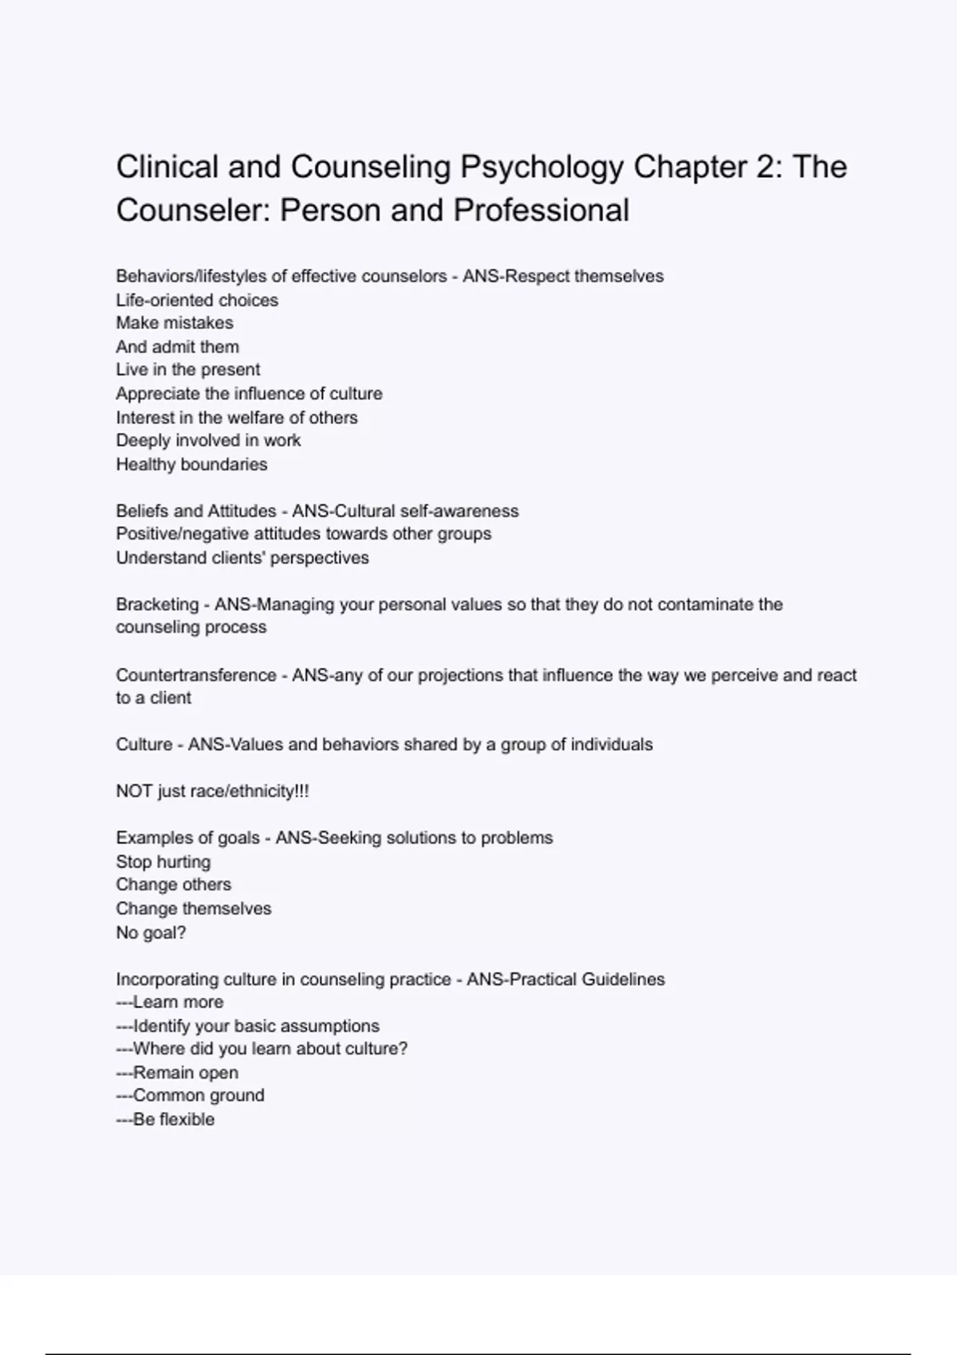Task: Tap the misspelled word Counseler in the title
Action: pos(192,210)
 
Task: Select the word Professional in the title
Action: pos(542,210)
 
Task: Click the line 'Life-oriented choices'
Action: pos(197,300)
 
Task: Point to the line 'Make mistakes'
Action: pos(175,323)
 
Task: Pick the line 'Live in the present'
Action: pos(188,370)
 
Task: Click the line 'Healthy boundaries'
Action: pos(191,464)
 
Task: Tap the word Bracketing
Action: pos(157,604)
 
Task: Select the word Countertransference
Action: pos(195,675)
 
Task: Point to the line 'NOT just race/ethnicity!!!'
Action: pos(212,791)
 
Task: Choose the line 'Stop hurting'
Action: pos(163,862)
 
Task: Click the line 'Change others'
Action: pos(173,885)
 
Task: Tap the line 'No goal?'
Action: pos(151,933)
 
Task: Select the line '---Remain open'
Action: pos(177,1073)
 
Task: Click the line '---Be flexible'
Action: pos(165,1119)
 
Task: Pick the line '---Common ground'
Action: pos(190,1095)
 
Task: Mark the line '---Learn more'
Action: pos(170,1002)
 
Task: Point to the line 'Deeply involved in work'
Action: pos(208,440)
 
